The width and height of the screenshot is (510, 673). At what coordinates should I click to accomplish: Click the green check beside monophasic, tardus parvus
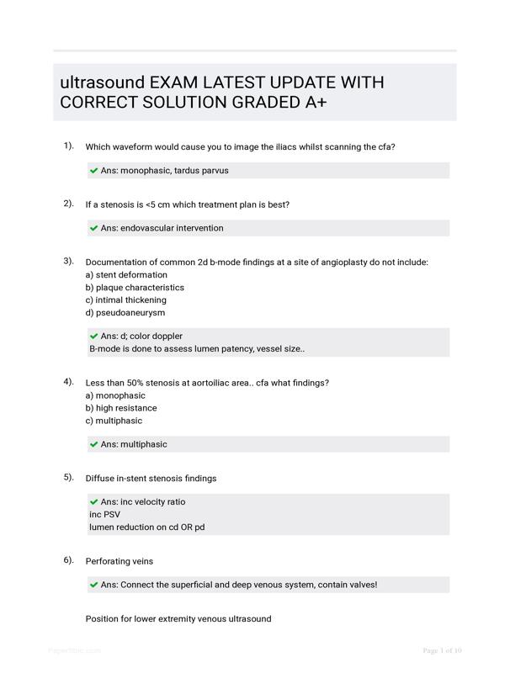click(93, 170)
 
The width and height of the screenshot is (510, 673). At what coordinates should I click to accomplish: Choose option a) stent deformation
click(126, 275)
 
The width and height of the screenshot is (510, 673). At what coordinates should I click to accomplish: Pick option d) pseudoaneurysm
click(125, 313)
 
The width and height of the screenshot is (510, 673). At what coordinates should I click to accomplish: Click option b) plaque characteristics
click(135, 288)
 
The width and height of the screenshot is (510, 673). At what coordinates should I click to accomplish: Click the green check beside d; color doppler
click(93, 336)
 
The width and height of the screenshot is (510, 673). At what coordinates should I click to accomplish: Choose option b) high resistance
click(121, 408)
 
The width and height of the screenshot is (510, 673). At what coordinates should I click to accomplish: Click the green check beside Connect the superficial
click(93, 585)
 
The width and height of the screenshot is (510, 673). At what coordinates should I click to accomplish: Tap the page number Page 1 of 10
click(442, 650)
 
